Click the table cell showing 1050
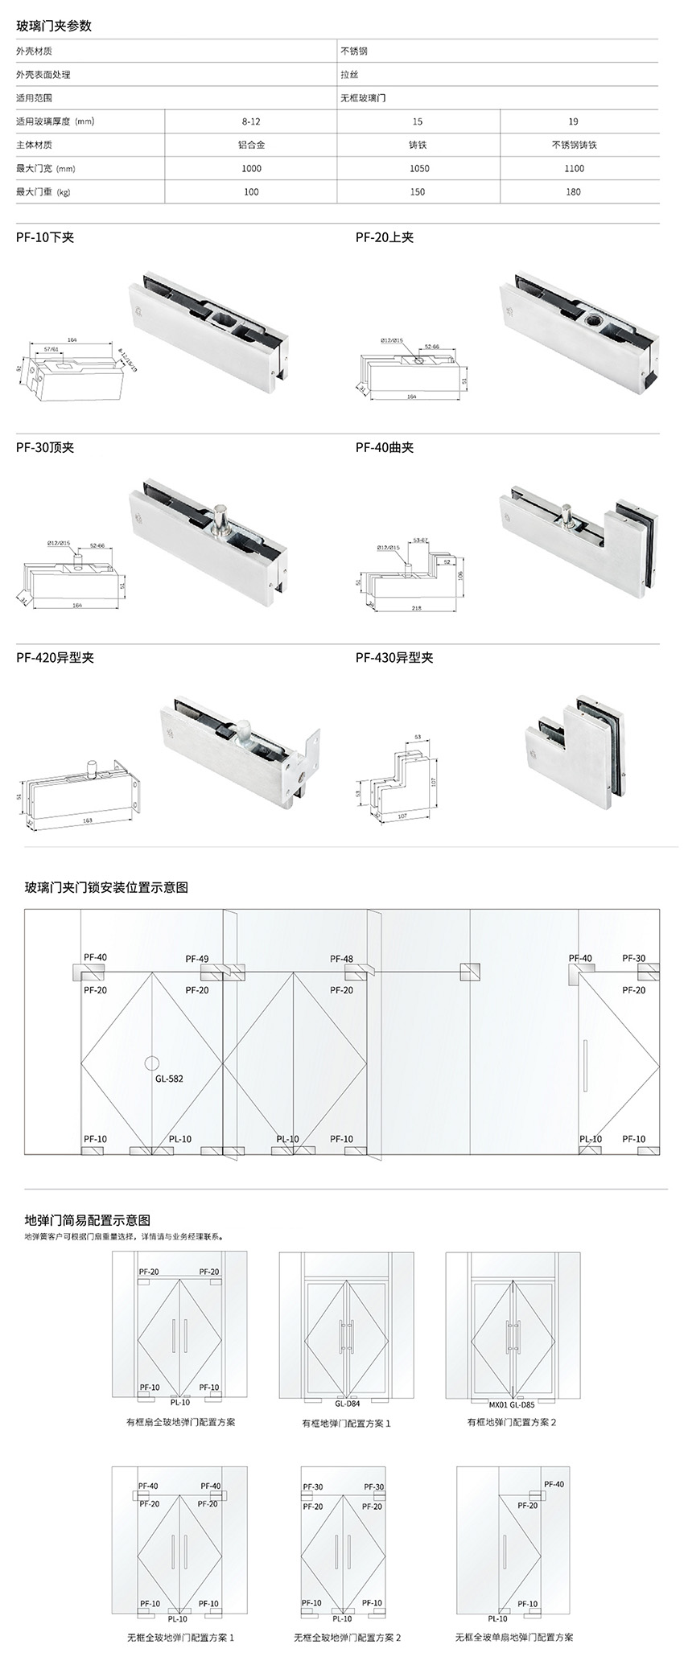click(418, 168)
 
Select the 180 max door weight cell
click(573, 191)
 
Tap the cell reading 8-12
click(251, 121)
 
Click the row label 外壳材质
click(35, 51)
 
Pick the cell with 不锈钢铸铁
click(573, 145)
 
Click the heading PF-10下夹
click(45, 237)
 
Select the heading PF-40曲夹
click(385, 447)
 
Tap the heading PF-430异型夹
click(394, 657)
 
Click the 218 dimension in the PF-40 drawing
click(416, 608)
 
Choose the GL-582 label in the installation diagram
click(169, 1078)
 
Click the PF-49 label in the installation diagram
click(197, 959)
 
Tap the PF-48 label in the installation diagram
click(341, 959)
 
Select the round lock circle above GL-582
click(152, 1060)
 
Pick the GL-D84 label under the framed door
click(348, 1403)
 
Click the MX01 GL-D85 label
click(512, 1404)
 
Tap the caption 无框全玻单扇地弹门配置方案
click(514, 1637)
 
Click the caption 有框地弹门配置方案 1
click(346, 1423)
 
